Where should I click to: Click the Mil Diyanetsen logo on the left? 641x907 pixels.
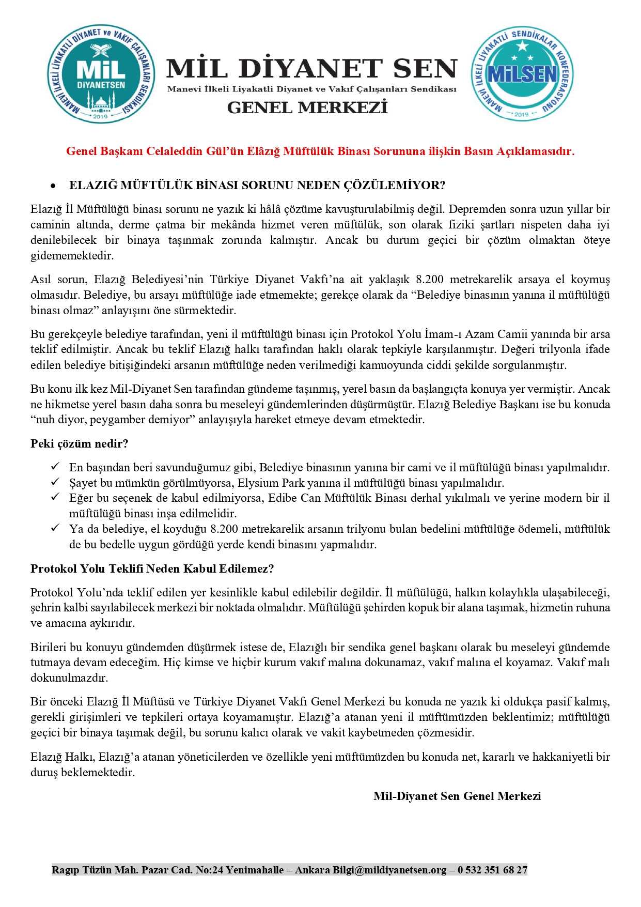coord(100,74)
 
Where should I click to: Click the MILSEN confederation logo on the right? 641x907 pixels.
coord(522,74)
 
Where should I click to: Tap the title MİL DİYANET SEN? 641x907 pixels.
coord(312,69)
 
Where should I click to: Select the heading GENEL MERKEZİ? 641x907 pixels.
coord(307,107)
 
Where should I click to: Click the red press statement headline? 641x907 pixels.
coord(320,151)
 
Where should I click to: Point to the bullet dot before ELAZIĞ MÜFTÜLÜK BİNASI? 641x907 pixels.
coord(53,186)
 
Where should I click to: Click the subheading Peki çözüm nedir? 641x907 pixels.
coord(79,443)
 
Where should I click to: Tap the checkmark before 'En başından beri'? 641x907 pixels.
coord(55,467)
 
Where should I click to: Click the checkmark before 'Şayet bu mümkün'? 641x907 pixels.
coord(55,482)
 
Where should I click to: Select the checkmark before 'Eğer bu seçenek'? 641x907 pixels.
coord(55,498)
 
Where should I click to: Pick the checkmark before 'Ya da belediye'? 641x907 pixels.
coord(55,528)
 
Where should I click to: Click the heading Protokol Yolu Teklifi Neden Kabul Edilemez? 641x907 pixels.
coord(152,568)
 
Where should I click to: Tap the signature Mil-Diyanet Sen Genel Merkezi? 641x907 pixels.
coord(457,796)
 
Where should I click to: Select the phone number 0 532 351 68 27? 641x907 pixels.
coord(492,870)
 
